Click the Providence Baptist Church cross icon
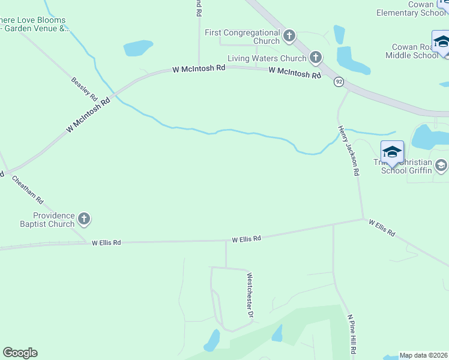point(84,219)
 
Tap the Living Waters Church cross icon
point(315,58)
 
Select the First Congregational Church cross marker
point(289,36)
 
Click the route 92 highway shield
point(339,81)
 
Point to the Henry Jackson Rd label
point(348,151)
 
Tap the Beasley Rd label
point(84,88)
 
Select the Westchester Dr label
point(250,295)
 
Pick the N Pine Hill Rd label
point(352,335)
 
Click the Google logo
point(20,353)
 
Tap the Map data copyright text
point(423,355)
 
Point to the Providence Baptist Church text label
point(53,220)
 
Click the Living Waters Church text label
point(267,59)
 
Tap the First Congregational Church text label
point(243,37)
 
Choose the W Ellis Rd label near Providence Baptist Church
point(106,242)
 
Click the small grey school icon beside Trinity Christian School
point(441,164)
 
